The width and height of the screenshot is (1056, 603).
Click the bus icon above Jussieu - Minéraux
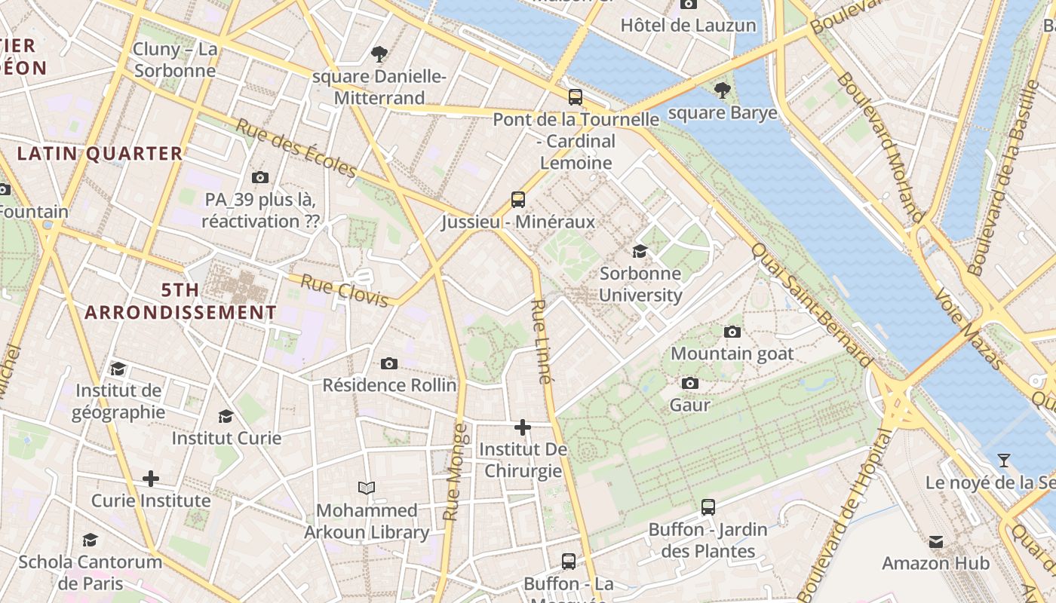point(517,200)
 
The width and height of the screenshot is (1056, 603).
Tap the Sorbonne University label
point(640,284)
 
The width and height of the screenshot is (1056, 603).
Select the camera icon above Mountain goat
point(732,332)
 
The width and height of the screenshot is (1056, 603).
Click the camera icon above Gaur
point(689,383)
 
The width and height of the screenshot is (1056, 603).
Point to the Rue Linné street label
point(542,341)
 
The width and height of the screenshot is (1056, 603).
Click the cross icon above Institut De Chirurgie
point(522,427)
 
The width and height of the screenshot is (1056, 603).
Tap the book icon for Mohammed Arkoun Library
point(367,488)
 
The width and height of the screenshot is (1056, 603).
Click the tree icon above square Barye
point(723,90)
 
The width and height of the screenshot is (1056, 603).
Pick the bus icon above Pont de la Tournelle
point(576,96)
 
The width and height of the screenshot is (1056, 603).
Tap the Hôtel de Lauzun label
point(688,26)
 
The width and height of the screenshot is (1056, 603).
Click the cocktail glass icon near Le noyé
point(1003,460)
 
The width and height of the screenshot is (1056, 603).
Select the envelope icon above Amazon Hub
point(936,541)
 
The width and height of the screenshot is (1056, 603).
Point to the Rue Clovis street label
point(345,291)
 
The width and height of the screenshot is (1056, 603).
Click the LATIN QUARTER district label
point(100,154)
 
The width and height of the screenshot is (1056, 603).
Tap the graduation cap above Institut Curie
point(226,416)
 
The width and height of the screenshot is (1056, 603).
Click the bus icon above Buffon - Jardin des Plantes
point(708,507)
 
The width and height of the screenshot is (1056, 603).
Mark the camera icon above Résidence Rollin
point(388,363)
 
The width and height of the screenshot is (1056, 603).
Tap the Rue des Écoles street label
point(295,148)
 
